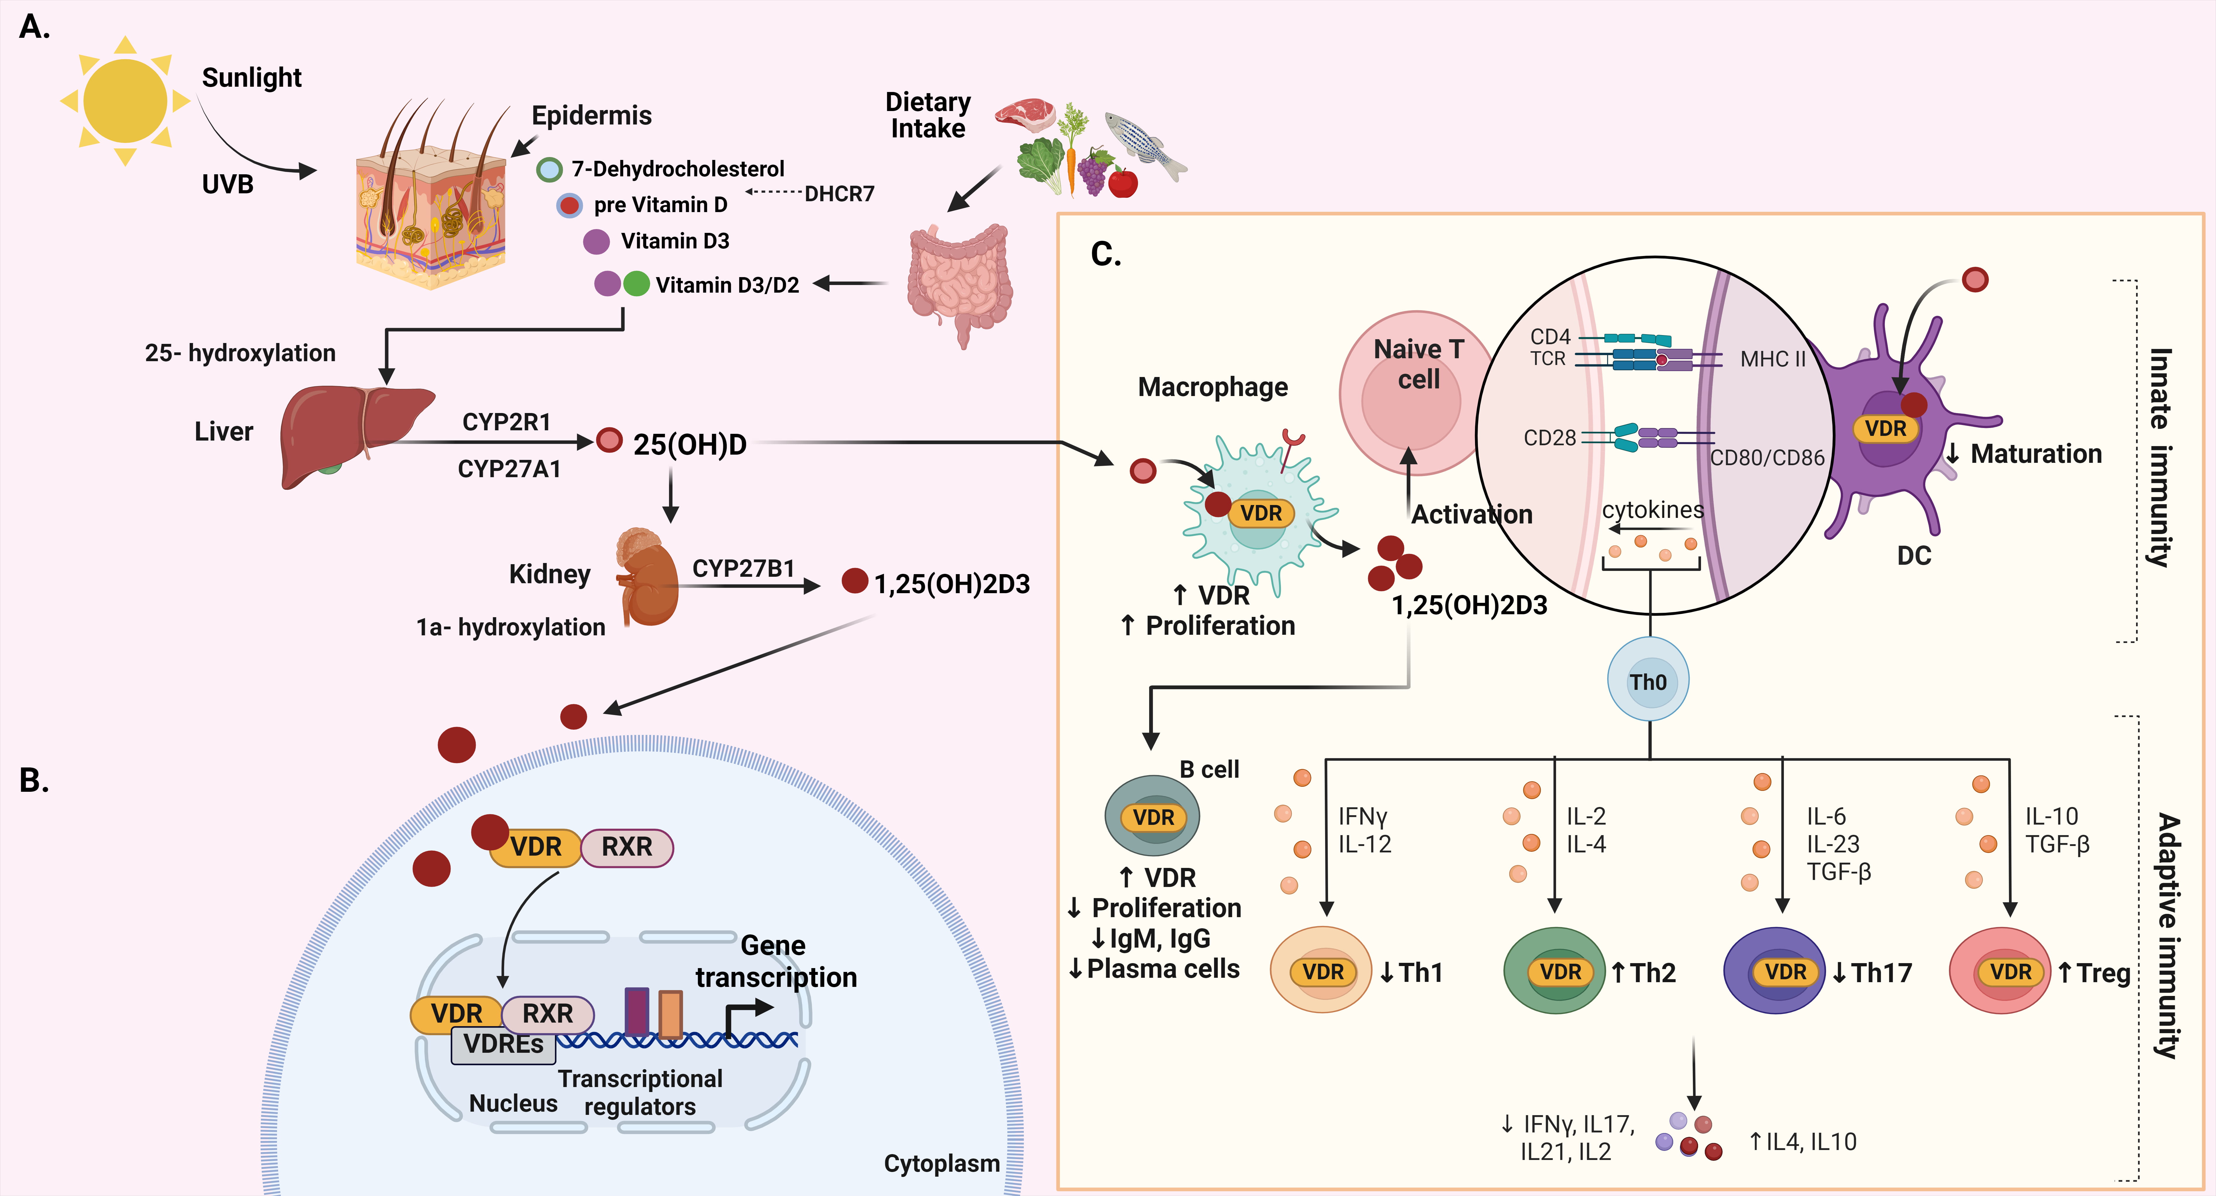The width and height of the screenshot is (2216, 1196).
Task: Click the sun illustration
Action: [x=126, y=101]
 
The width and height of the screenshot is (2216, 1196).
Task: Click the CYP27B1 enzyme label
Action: [x=743, y=569]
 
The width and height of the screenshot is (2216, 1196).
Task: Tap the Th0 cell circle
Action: [x=1648, y=681]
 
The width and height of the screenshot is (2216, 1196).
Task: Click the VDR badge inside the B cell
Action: [x=1153, y=818]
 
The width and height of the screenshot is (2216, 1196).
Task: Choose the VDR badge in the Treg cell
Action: [x=2010, y=972]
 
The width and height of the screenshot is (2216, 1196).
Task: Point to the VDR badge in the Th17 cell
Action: [x=1785, y=972]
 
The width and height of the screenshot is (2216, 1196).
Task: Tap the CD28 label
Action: [x=1549, y=438]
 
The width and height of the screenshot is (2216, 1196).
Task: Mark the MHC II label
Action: [x=1772, y=359]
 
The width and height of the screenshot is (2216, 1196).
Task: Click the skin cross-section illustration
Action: [x=430, y=207]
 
